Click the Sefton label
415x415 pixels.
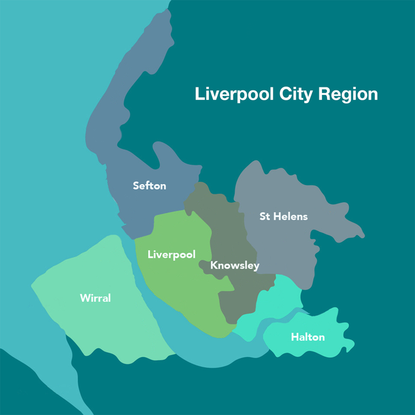(149, 185)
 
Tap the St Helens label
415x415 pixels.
(284, 216)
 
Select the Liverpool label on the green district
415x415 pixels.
(171, 255)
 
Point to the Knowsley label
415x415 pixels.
(235, 265)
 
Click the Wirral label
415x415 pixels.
(95, 298)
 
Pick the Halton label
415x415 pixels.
(307, 338)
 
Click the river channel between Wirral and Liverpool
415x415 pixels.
(151, 296)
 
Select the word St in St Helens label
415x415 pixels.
(265, 216)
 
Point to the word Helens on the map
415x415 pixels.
(290, 216)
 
